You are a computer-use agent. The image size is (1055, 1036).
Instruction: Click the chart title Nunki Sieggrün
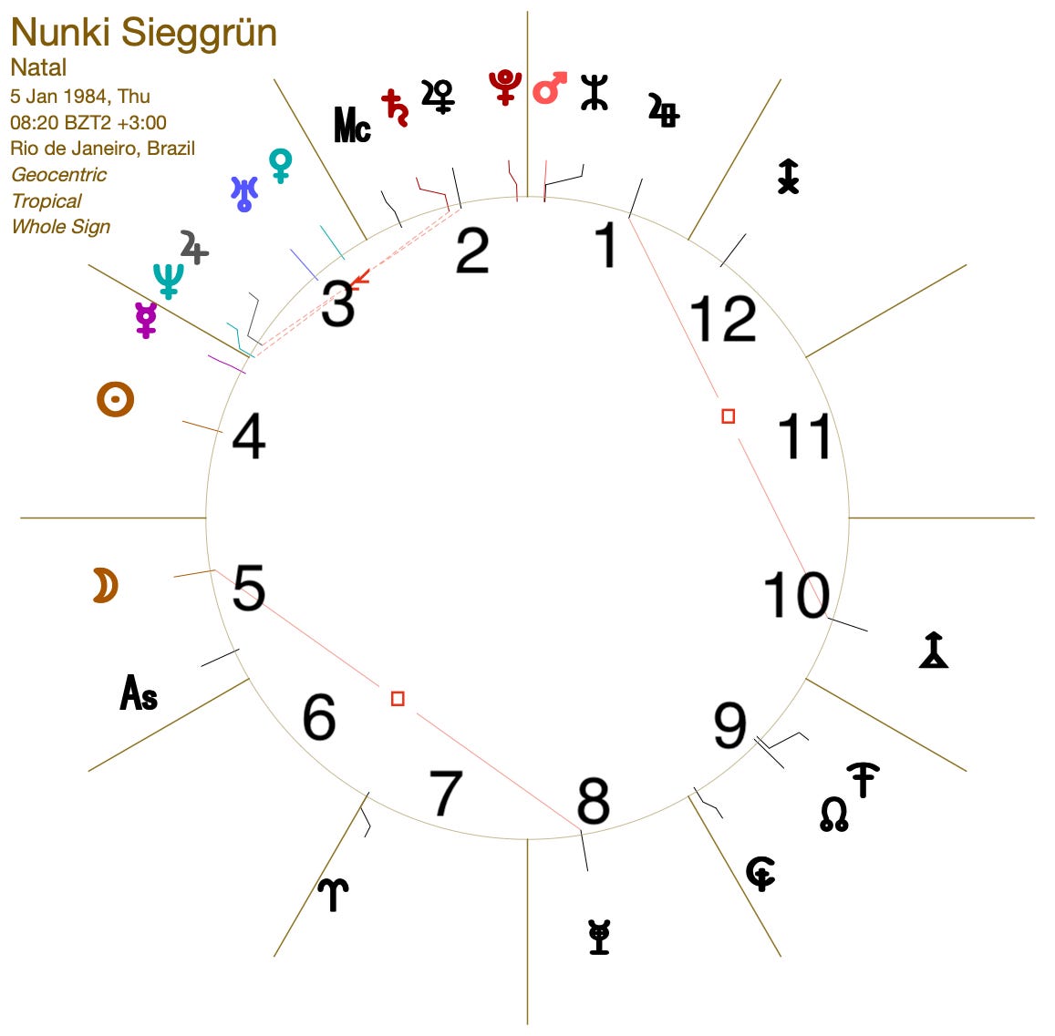[144, 34]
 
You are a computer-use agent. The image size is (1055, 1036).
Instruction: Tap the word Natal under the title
[38, 67]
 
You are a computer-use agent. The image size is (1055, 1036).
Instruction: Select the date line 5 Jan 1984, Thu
[80, 97]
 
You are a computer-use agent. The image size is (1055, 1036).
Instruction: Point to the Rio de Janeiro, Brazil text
[102, 148]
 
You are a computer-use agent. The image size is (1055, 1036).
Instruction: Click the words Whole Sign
[61, 227]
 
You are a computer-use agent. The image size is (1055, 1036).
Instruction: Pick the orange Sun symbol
[115, 399]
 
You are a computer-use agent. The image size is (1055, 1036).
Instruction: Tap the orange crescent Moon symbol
[106, 585]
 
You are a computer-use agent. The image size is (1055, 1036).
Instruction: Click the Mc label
[352, 125]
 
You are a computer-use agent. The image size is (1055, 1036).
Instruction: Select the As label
[139, 692]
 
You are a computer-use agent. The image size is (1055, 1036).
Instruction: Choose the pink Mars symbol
[550, 87]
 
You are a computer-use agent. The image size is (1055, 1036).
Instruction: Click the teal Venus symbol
[281, 166]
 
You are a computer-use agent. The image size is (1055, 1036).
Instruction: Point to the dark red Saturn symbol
[395, 108]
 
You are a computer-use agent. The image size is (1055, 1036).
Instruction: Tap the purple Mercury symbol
[146, 319]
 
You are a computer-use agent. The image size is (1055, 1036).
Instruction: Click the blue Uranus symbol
[243, 193]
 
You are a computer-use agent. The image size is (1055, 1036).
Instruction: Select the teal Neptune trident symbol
[168, 281]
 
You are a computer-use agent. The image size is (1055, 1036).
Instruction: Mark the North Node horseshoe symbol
[833, 815]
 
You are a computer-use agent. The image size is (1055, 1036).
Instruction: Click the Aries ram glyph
[333, 895]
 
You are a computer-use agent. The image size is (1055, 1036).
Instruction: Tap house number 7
[446, 794]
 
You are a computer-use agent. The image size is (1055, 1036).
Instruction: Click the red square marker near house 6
[398, 699]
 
